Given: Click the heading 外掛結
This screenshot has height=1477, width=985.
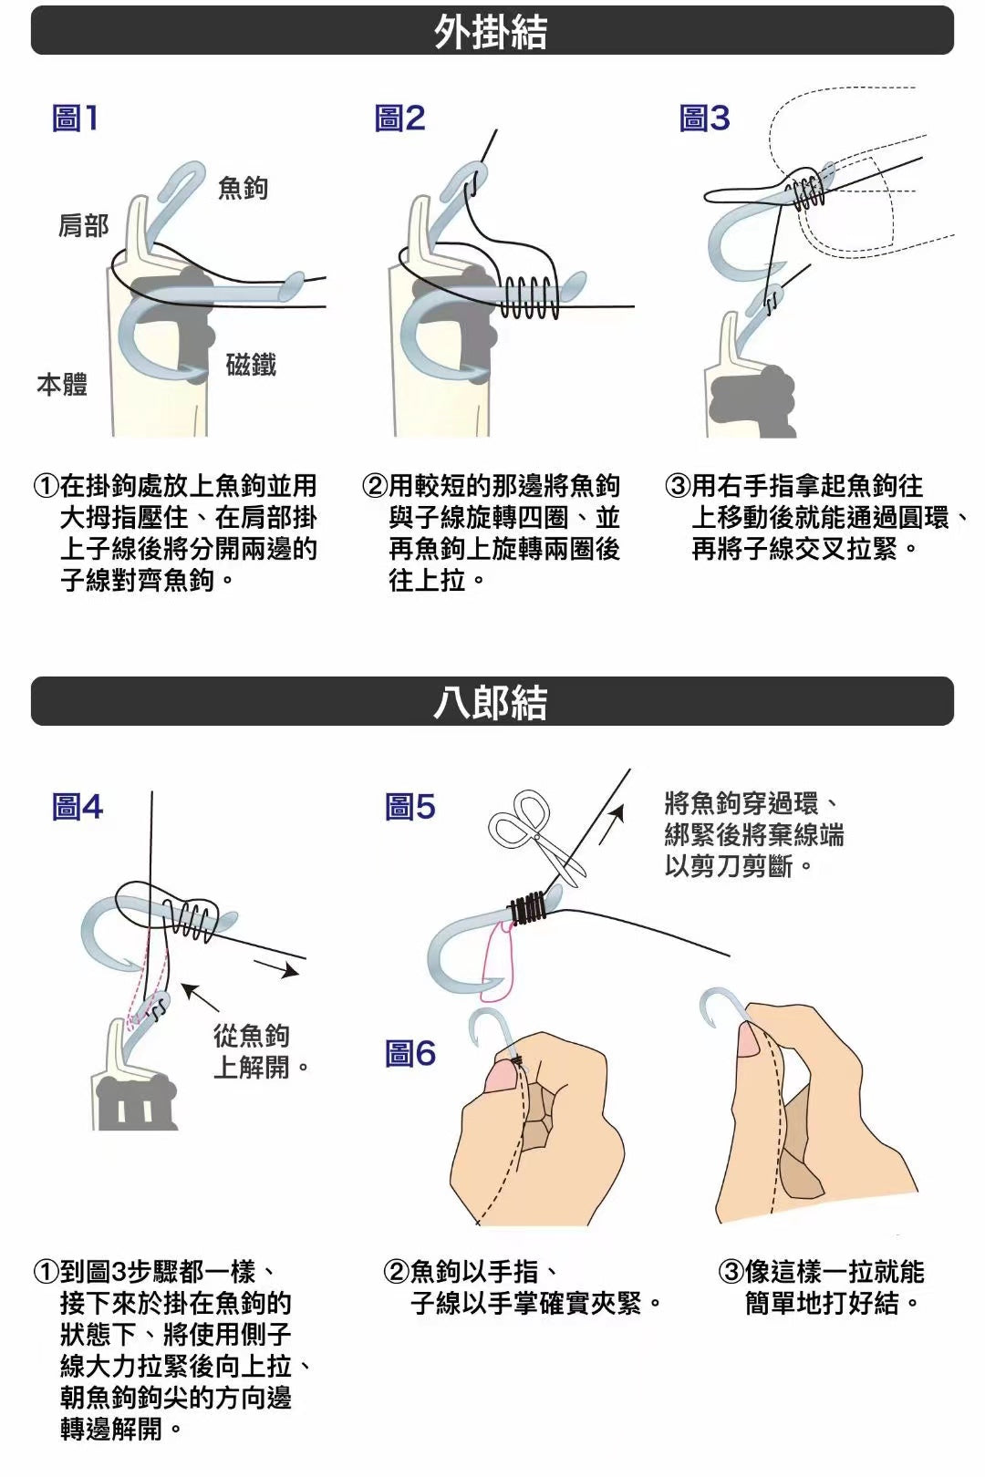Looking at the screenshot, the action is pyautogui.click(x=491, y=31).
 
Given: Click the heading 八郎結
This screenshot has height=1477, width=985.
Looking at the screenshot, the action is pyautogui.click(x=491, y=702).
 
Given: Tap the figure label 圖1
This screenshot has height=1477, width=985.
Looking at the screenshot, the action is pyautogui.click(x=75, y=119).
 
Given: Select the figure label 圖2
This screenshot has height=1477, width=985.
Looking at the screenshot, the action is pyautogui.click(x=399, y=119).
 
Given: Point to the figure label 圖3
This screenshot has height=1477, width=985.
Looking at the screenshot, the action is pyautogui.click(x=705, y=119).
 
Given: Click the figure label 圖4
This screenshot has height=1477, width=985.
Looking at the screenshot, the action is pyautogui.click(x=78, y=807).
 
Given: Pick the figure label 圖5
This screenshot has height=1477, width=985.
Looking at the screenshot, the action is pyautogui.click(x=410, y=807).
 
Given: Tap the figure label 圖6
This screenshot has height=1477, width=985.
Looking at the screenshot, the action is pyautogui.click(x=410, y=1053).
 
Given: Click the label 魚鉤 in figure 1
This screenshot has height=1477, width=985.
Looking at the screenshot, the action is pyautogui.click(x=243, y=188).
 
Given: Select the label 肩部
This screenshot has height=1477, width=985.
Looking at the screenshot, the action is pyautogui.click(x=84, y=225).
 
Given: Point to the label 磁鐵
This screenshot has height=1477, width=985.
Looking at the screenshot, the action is pyautogui.click(x=251, y=364).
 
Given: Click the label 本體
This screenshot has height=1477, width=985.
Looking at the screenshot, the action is pyautogui.click(x=62, y=385).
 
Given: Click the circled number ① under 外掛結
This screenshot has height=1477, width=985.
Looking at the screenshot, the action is pyautogui.click(x=46, y=487).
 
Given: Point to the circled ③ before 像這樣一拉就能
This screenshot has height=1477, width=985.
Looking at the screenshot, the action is pyautogui.click(x=731, y=1271).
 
